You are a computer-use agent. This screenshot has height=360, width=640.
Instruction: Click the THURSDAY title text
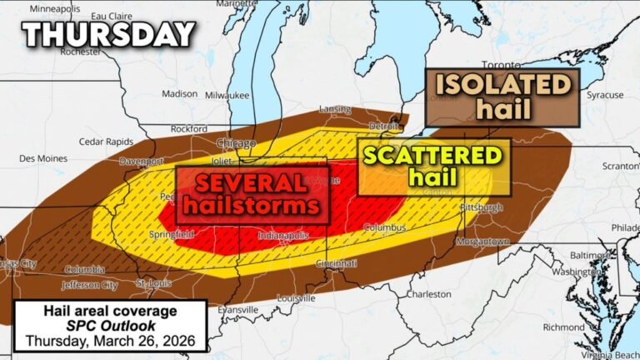(108, 34)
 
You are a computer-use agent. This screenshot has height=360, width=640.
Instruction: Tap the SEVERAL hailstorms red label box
(252, 193)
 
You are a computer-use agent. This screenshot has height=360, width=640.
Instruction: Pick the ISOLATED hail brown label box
(502, 96)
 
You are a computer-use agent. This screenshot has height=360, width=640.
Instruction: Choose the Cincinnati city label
(336, 263)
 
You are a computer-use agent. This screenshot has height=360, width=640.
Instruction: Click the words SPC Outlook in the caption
(110, 326)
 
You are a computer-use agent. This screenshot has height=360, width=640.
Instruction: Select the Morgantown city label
(482, 241)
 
